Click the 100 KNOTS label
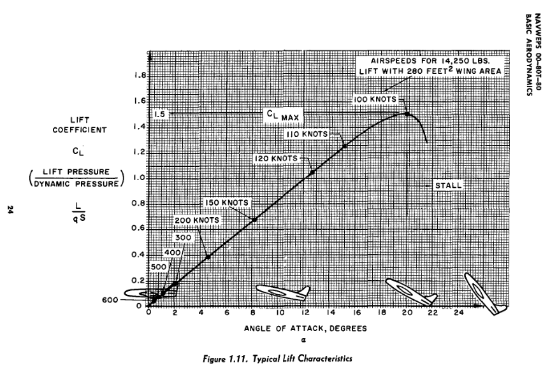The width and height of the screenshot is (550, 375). point(376,100)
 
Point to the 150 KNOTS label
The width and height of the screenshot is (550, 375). point(227,202)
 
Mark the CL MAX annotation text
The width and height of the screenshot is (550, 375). point(283,116)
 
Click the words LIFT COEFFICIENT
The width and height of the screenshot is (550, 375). point(98,124)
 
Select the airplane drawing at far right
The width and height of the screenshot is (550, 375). point(486,292)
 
